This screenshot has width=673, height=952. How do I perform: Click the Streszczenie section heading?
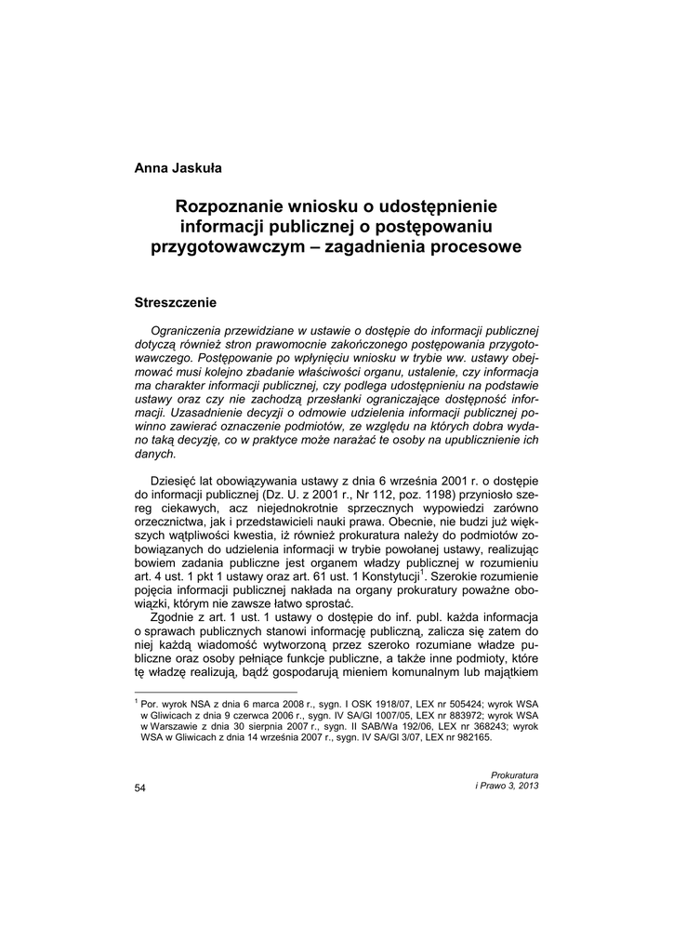176,302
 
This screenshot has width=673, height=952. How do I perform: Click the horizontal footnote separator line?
216,693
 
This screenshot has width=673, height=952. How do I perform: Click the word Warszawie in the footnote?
180,727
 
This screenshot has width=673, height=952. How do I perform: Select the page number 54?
140,787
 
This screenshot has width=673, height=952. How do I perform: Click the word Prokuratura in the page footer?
514,773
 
